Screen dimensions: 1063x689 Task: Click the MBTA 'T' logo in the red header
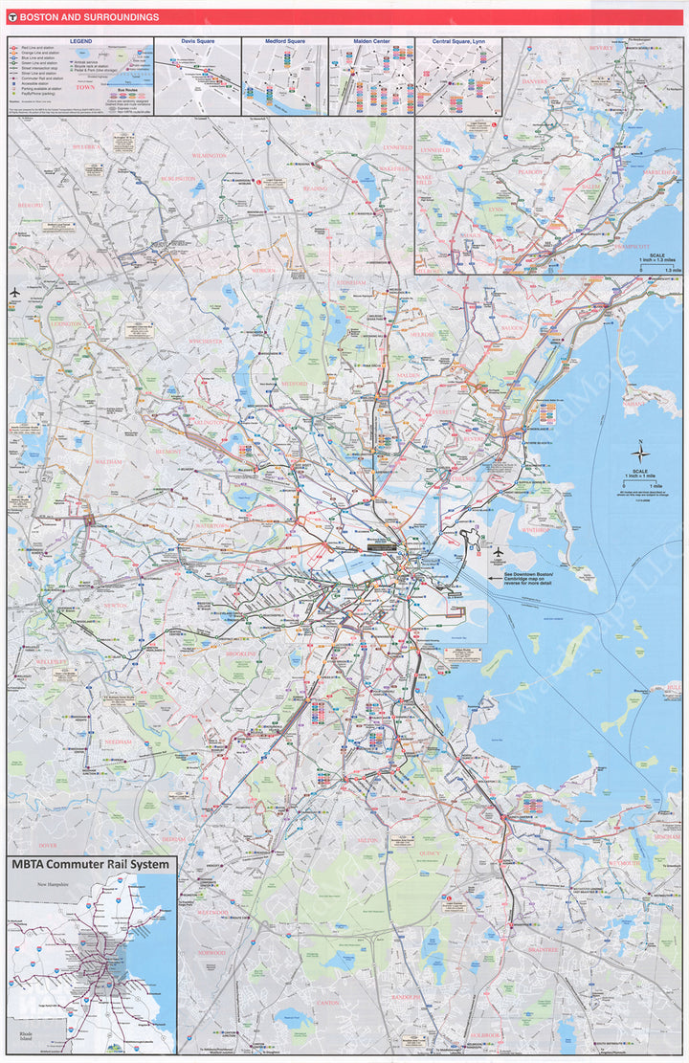click(11, 17)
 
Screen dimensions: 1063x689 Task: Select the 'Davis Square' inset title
click(197, 41)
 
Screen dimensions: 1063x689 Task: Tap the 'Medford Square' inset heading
click(284, 41)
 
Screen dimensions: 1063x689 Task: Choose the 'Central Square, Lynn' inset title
click(458, 41)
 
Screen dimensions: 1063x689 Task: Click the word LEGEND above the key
click(80, 41)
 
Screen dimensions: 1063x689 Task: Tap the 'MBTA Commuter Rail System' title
click(91, 864)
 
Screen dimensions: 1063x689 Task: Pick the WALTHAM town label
click(109, 461)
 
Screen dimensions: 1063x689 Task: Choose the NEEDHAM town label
click(119, 742)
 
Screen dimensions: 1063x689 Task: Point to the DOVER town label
click(47, 845)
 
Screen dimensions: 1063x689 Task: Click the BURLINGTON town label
click(176, 178)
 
